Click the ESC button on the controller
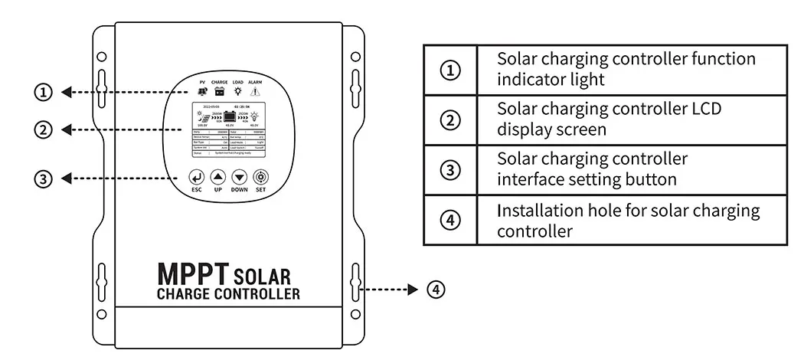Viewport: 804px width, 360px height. pos(196,177)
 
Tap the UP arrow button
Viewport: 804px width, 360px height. pos(217,177)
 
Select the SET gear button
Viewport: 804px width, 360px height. pos(260,177)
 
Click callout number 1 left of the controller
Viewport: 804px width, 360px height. pos(44,93)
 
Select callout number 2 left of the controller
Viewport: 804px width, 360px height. pos(44,129)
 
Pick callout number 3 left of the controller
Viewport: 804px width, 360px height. pos(44,178)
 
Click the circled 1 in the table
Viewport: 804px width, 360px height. pos(452,70)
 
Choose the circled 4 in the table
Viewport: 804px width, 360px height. pos(452,221)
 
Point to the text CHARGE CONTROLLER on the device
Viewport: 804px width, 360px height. pos(228,294)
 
